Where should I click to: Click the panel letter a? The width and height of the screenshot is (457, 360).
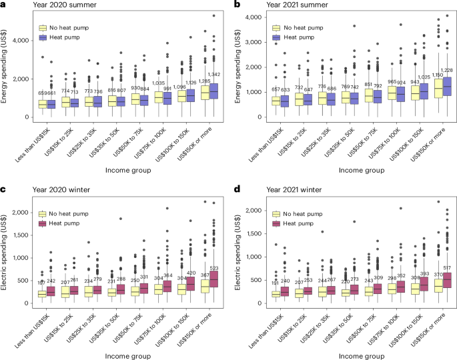4,5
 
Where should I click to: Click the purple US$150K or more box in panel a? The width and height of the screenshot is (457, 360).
213,91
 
